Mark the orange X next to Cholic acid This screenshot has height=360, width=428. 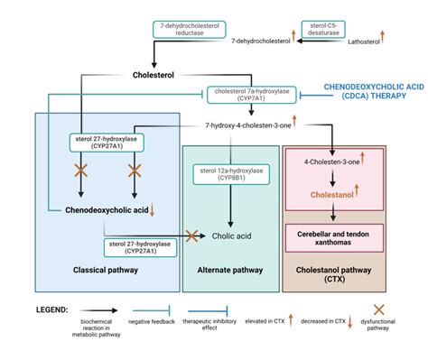191,236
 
